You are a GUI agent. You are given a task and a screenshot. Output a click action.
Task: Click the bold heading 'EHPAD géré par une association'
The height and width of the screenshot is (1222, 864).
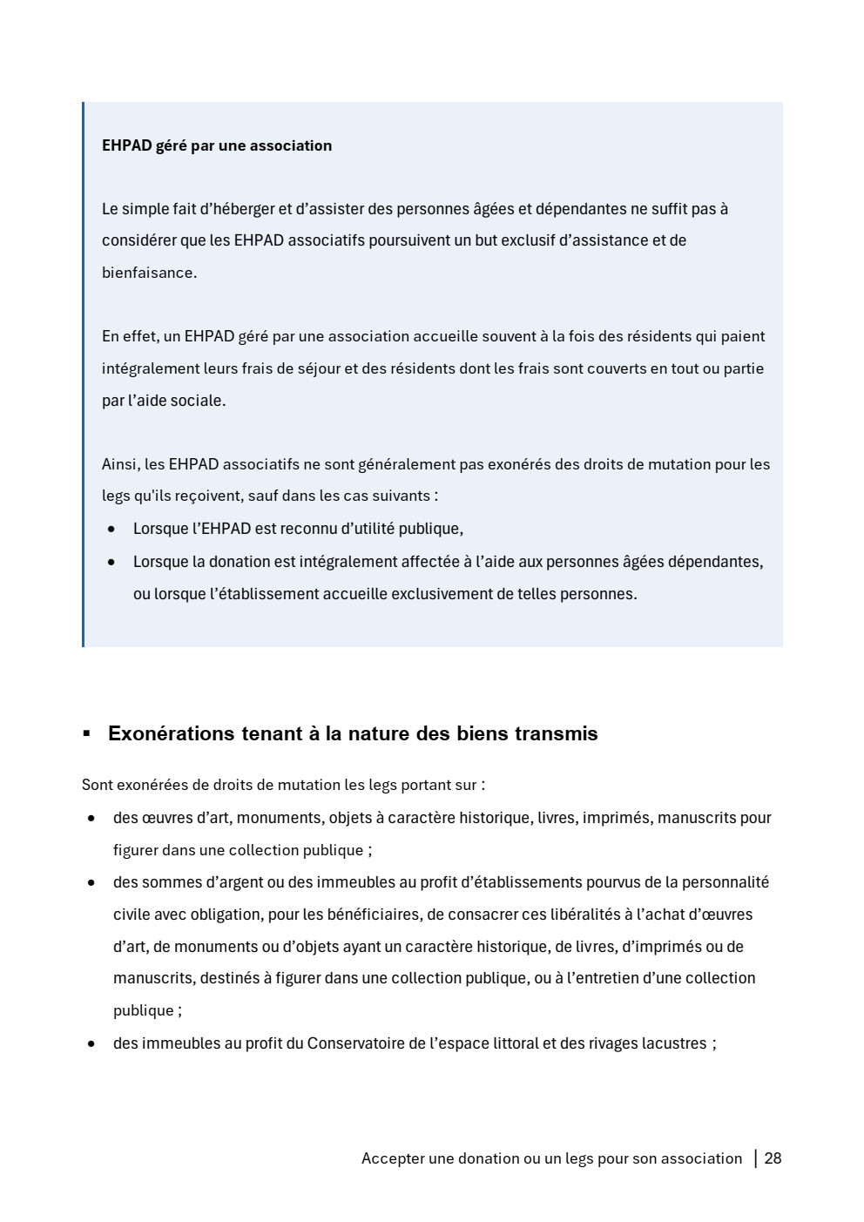[217, 145]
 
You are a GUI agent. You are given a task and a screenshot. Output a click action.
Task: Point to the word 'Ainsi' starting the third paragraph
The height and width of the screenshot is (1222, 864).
[119, 464]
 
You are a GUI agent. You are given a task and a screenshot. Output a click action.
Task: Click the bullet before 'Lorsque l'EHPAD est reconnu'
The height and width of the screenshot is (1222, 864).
[111, 530]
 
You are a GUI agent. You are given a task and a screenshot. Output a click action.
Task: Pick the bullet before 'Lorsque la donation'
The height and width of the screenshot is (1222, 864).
[111, 563]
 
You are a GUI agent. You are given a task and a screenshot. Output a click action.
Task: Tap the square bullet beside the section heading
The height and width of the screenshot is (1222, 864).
[86, 733]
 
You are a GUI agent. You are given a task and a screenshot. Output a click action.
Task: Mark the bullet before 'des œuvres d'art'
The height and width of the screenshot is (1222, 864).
[91, 819]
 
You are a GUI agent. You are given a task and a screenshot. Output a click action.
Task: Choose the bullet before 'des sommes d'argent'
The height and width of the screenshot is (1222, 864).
[91, 883]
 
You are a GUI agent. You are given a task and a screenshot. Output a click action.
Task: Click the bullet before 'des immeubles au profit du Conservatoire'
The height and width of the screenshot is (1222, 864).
[91, 1044]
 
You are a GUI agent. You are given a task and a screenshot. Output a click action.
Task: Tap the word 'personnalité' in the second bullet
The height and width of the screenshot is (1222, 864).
[726, 882]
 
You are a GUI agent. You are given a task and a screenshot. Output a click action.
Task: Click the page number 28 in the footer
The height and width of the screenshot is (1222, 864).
[773, 1158]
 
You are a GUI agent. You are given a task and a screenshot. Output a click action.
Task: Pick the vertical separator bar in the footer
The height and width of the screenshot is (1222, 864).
[755, 1158]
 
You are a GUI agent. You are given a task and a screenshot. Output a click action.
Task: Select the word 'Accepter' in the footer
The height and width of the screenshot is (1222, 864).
[393, 1158]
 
